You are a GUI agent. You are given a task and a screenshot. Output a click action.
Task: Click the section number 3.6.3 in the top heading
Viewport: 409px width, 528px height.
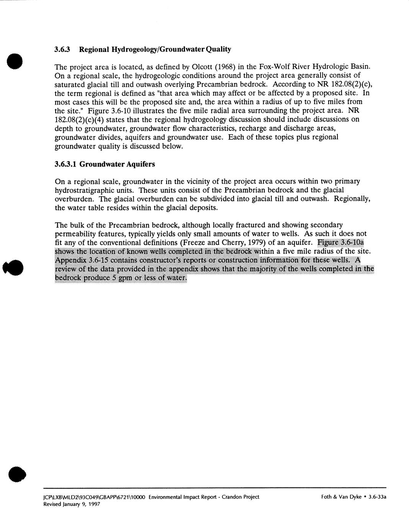(62, 49)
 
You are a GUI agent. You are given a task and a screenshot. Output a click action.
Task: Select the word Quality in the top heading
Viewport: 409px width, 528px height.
(218, 49)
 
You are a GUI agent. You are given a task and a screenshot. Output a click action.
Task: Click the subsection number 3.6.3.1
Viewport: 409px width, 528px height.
(66, 164)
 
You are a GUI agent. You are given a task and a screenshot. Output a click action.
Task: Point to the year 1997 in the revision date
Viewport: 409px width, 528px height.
(94, 504)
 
